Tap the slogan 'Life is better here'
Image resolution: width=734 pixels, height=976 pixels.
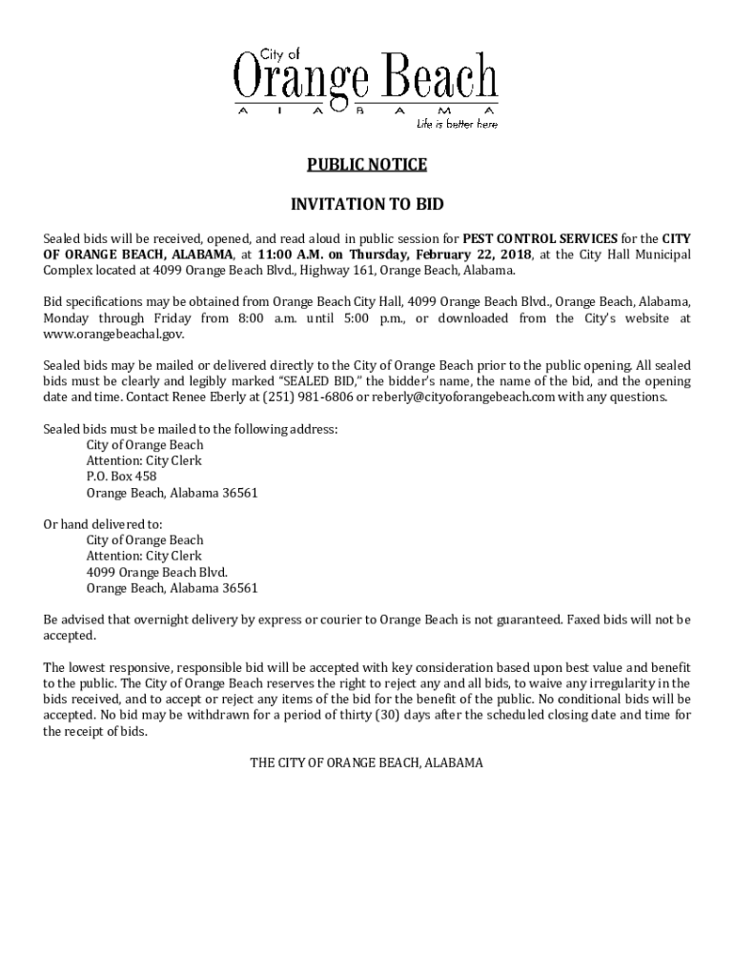coord(456,124)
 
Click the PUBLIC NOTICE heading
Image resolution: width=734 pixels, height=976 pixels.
coord(367,165)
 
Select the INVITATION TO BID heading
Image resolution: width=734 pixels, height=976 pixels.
coord(367,204)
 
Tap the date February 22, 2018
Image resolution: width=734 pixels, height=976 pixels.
coord(469,254)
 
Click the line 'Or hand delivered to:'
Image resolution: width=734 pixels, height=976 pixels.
coord(103,524)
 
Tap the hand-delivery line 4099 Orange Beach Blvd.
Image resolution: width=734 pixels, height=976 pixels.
coord(157,572)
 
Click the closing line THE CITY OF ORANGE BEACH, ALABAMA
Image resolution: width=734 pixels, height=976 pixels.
coord(367,762)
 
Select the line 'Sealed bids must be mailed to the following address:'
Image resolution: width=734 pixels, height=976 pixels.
coord(191,429)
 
